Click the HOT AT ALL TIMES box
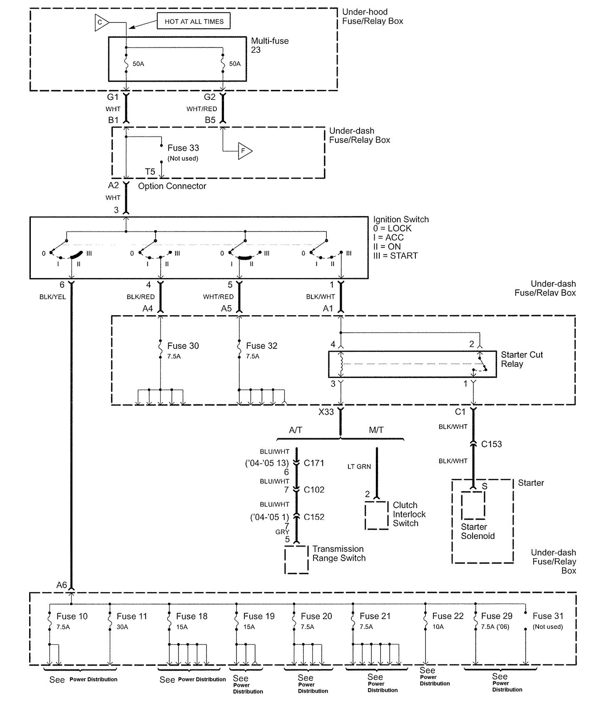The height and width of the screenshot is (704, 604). coord(194,21)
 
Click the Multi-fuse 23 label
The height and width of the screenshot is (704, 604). coord(270,45)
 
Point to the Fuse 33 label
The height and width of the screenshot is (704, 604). coord(183,148)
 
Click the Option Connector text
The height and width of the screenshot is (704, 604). coord(172,186)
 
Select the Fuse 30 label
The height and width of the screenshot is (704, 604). coord(183,346)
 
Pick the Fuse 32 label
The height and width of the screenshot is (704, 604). coord(261,346)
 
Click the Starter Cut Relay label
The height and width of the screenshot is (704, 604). coord(522,359)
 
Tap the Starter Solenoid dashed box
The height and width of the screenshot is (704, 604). coord(473,505)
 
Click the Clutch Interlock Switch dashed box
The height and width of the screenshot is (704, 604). coord(377,515)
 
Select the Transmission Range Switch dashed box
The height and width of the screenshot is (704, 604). coord(296,560)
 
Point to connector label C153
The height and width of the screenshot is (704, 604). coord(491,444)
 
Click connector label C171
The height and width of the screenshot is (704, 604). coord(314,463)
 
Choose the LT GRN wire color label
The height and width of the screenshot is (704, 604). coord(359,467)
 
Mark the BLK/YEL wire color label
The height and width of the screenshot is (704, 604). coord(52,297)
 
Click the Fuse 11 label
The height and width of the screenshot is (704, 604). coord(132,616)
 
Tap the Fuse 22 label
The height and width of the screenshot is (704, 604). coord(447,616)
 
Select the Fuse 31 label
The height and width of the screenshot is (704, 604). coord(548,616)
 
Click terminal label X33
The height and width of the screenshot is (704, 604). coord(326,412)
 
